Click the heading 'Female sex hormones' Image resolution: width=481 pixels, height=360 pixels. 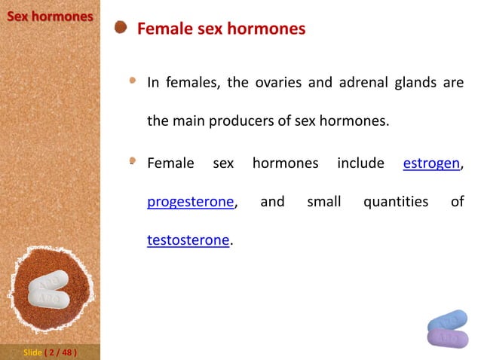point(221,29)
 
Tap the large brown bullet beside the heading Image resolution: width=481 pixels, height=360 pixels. point(121,29)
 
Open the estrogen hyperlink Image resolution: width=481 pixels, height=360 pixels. point(431,163)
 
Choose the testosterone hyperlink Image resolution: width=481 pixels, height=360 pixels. point(188,240)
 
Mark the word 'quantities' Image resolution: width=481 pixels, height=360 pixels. point(395,202)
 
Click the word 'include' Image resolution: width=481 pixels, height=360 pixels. point(360,163)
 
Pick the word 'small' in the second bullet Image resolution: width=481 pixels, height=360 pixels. point(324,202)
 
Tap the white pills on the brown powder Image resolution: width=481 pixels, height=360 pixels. point(48,290)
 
